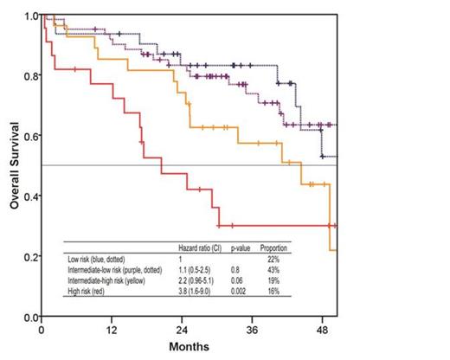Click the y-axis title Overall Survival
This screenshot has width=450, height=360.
[x=15, y=166]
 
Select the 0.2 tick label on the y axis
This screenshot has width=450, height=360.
[x=31, y=257]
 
